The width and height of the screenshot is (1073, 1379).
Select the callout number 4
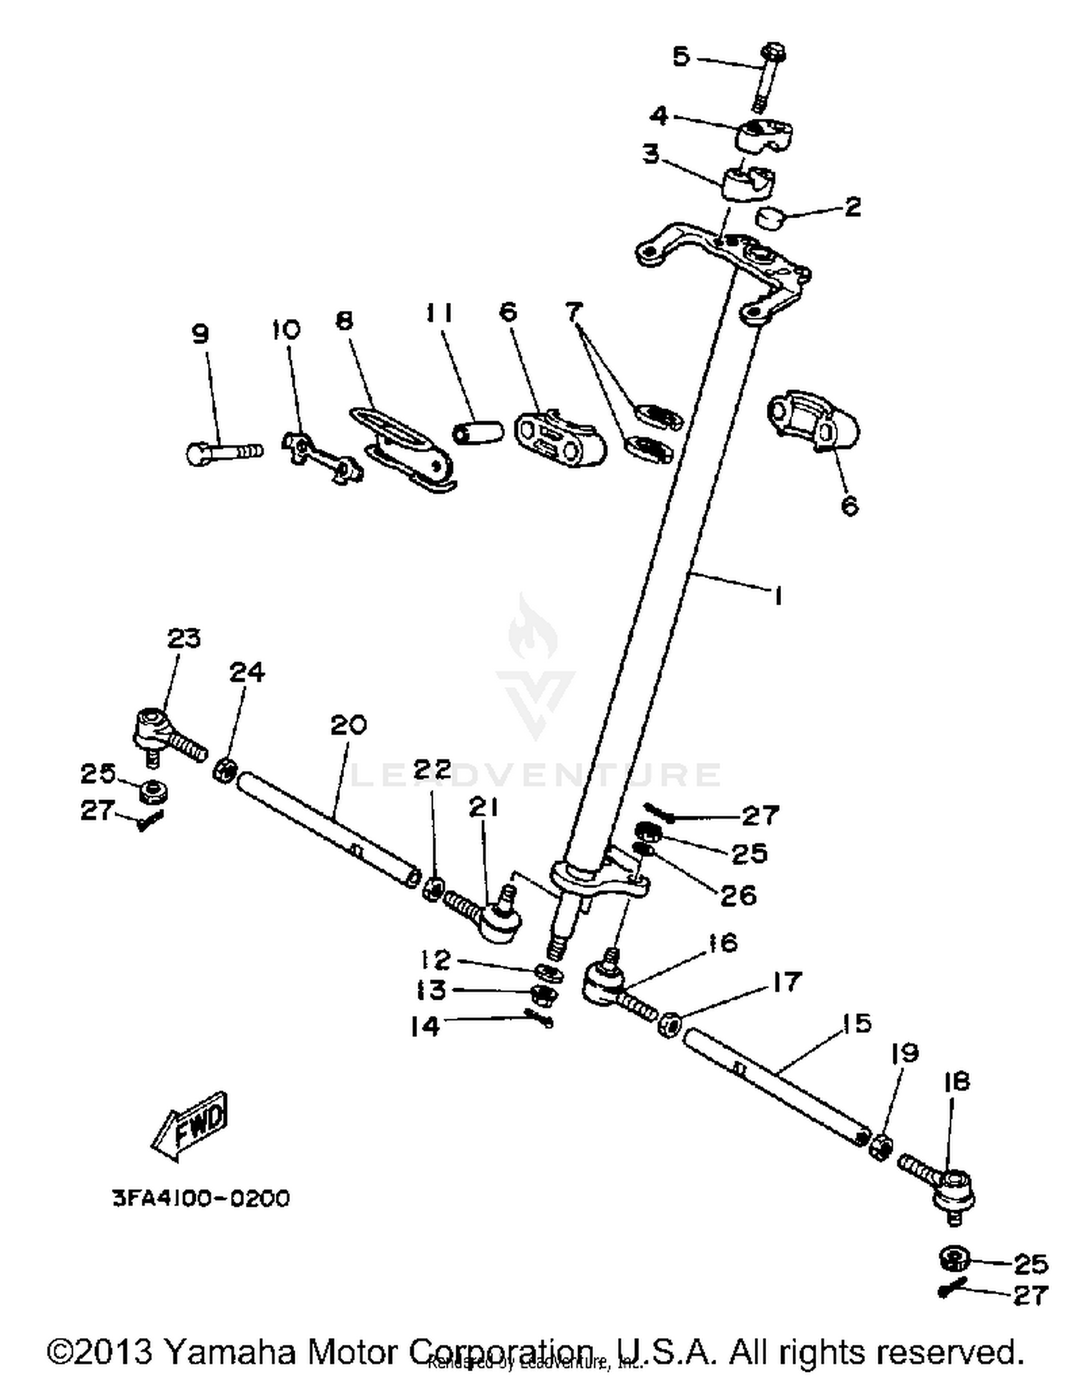pyautogui.click(x=659, y=116)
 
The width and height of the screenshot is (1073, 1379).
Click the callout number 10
pyautogui.click(x=286, y=330)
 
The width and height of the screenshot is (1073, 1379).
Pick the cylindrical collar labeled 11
pyautogui.click(x=477, y=432)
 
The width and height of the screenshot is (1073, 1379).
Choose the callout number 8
pyautogui.click(x=345, y=320)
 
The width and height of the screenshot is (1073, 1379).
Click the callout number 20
pyautogui.click(x=348, y=725)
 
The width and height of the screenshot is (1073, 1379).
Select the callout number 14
pyautogui.click(x=425, y=1026)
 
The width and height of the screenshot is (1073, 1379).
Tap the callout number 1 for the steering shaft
pyautogui.click(x=777, y=595)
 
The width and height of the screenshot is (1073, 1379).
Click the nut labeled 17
pyautogui.click(x=668, y=1025)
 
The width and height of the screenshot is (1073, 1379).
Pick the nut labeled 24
pyautogui.click(x=225, y=770)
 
